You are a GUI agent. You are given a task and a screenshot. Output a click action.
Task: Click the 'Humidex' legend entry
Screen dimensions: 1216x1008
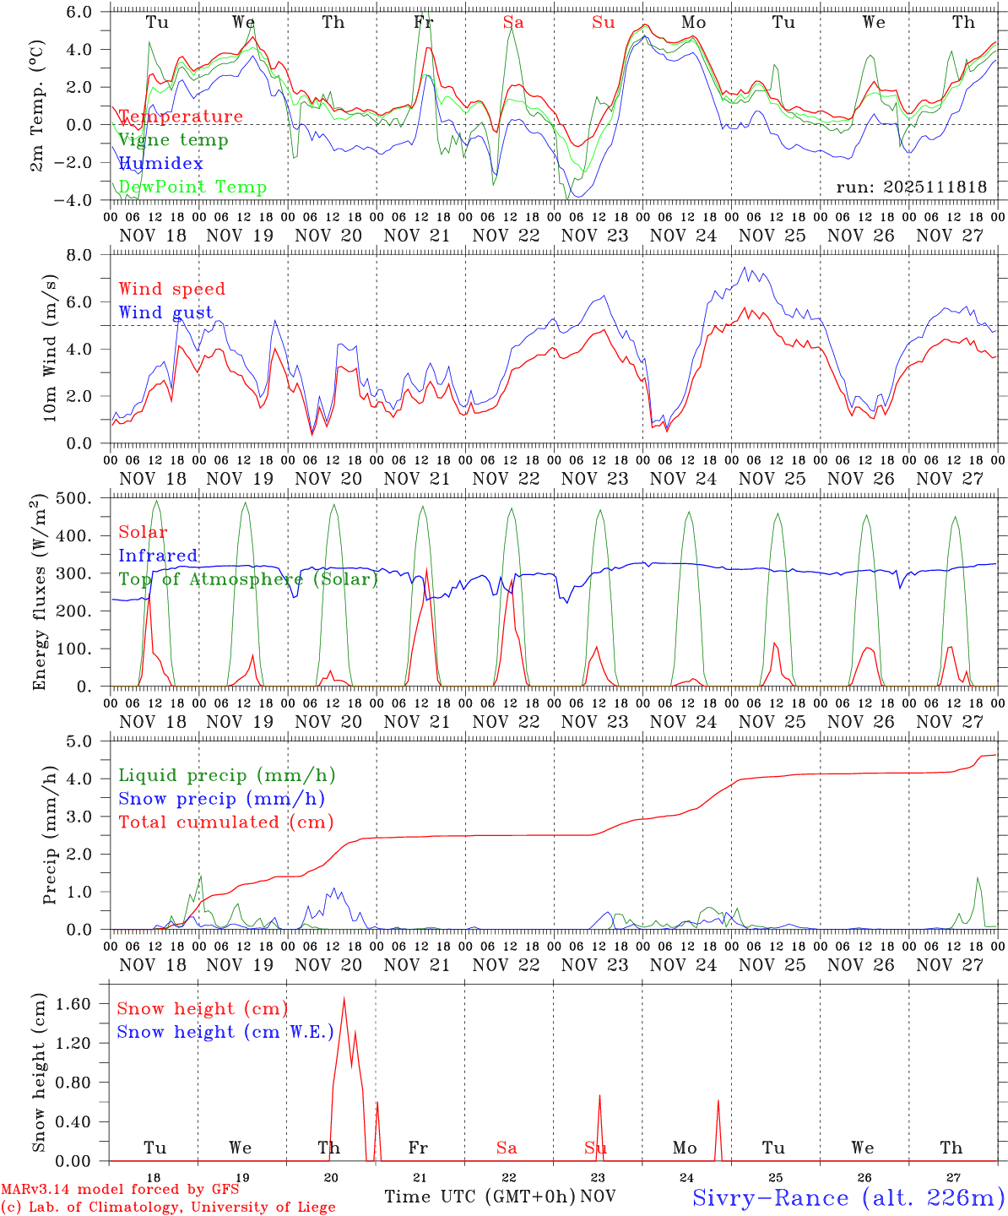161,164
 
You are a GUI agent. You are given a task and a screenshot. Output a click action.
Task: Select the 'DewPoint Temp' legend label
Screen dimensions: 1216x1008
192,187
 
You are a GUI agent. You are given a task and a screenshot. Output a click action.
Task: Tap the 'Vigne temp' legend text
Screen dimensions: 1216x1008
173,140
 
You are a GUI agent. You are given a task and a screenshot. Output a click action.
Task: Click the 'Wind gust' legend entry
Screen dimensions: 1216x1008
165,312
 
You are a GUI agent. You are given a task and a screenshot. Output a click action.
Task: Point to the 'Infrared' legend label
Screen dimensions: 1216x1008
158,556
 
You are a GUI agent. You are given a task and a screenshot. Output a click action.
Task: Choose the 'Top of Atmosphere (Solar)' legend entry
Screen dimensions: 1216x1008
248,579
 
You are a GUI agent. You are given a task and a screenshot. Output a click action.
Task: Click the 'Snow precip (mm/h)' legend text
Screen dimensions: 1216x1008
221,799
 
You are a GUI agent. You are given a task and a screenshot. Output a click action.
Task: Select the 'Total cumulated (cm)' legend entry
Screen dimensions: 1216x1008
226,822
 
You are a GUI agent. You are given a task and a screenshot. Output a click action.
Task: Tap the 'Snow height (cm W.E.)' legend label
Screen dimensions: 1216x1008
225,1032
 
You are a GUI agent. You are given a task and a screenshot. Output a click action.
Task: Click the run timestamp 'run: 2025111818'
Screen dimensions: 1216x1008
911,187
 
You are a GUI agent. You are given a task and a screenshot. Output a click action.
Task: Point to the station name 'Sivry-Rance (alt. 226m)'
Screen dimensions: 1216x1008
848,1197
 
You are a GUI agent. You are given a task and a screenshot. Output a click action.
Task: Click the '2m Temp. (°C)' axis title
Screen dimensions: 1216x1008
39,106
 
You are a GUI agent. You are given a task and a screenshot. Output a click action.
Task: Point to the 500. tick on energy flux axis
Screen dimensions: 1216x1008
84,498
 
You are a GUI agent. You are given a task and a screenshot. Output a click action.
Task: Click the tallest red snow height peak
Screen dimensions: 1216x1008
344,999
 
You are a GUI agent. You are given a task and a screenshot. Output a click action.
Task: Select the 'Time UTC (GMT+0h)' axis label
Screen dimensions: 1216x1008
480,1197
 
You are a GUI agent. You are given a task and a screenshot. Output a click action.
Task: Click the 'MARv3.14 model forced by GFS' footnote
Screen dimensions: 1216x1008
120,1190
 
